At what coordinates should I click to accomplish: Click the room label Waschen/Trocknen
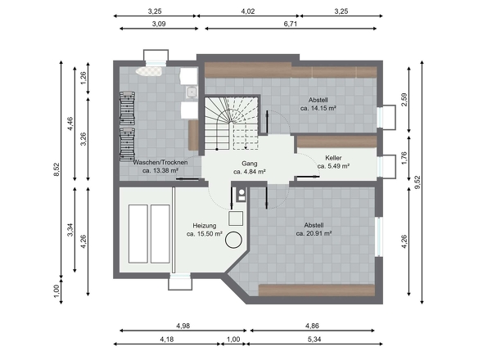coord(160,162)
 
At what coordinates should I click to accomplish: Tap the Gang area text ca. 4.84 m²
coord(250,172)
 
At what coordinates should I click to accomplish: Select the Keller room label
coord(333,158)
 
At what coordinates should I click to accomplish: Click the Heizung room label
coord(204,226)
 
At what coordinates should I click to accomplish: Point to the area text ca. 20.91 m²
coord(314,233)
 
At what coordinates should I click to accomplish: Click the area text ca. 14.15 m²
coord(318,108)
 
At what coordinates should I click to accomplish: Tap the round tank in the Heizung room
coord(233,240)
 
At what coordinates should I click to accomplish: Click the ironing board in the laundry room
coord(149,71)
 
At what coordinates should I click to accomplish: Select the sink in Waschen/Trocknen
coord(192,92)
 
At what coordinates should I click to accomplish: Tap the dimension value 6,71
coord(290,24)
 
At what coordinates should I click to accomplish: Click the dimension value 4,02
coord(248,11)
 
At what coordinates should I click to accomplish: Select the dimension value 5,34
coord(314,340)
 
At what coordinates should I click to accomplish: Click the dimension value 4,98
coord(183,326)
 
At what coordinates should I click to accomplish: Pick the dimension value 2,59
coord(404,100)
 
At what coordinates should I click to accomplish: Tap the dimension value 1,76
coord(404,158)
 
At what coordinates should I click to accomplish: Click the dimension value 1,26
coord(84,79)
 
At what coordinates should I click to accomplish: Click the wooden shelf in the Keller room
coord(337,142)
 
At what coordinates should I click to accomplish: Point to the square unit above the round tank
coord(236,218)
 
